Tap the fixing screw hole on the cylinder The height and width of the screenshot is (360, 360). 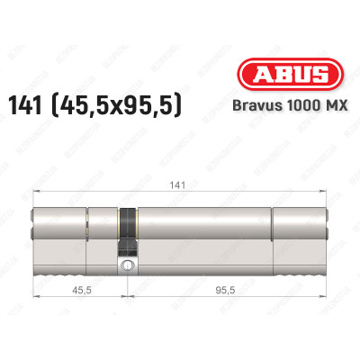tap(129, 265)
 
